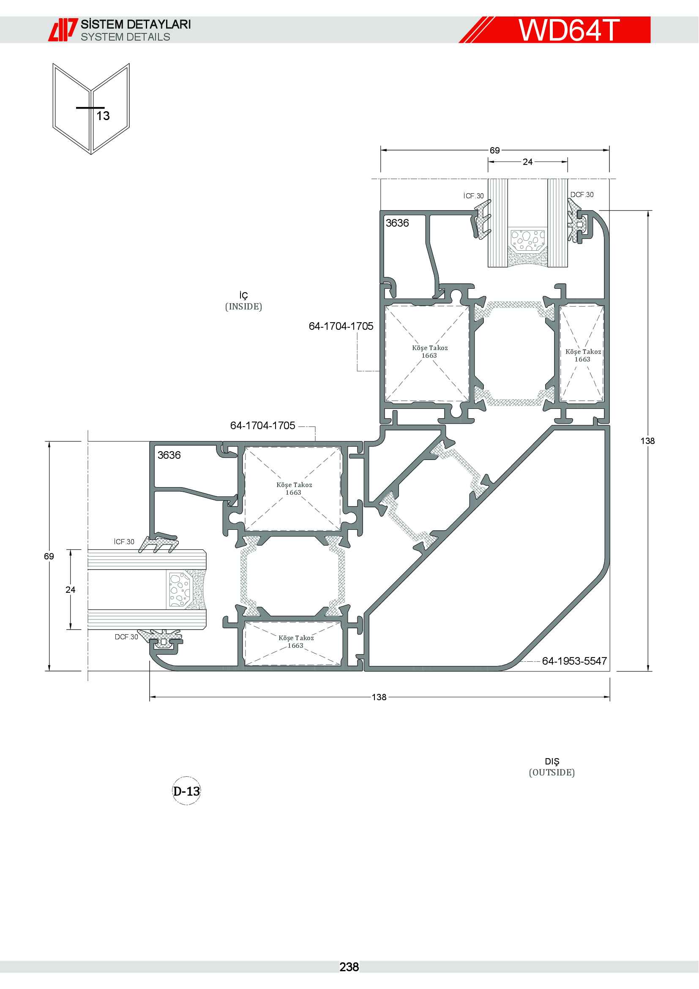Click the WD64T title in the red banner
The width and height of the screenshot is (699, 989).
(x=568, y=30)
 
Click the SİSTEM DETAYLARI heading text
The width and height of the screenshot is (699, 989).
(x=136, y=24)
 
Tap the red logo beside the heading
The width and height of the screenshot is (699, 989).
(x=63, y=30)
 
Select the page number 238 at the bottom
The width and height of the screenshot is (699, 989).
(x=349, y=967)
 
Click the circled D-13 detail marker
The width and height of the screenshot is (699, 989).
(x=186, y=791)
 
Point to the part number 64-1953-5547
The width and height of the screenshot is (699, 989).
(x=574, y=661)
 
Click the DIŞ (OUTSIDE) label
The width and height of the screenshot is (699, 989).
(x=552, y=767)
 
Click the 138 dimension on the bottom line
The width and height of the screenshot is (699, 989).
(x=379, y=697)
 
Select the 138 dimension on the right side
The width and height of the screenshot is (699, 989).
(x=647, y=441)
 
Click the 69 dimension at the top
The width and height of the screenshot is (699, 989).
(x=494, y=151)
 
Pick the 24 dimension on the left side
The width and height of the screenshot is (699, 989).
(x=70, y=590)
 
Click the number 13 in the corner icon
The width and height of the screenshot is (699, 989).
(x=103, y=116)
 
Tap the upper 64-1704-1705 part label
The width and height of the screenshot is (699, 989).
(x=341, y=326)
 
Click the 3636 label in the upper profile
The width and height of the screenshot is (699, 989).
(x=397, y=223)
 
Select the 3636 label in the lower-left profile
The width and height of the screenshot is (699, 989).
(x=169, y=455)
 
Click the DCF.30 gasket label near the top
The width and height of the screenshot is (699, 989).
(x=582, y=195)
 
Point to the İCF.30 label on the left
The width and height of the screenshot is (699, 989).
(x=124, y=542)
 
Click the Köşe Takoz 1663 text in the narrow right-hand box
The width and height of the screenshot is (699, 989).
(x=583, y=355)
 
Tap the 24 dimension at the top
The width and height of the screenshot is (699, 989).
(x=528, y=162)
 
